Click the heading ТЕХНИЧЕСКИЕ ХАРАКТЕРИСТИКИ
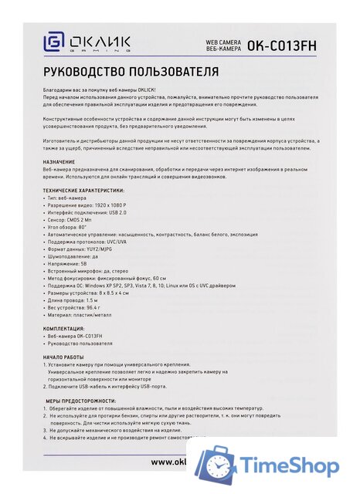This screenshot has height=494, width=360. pyautogui.click(x=83, y=190)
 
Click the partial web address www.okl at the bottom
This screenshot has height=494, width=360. pyautogui.click(x=169, y=462)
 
